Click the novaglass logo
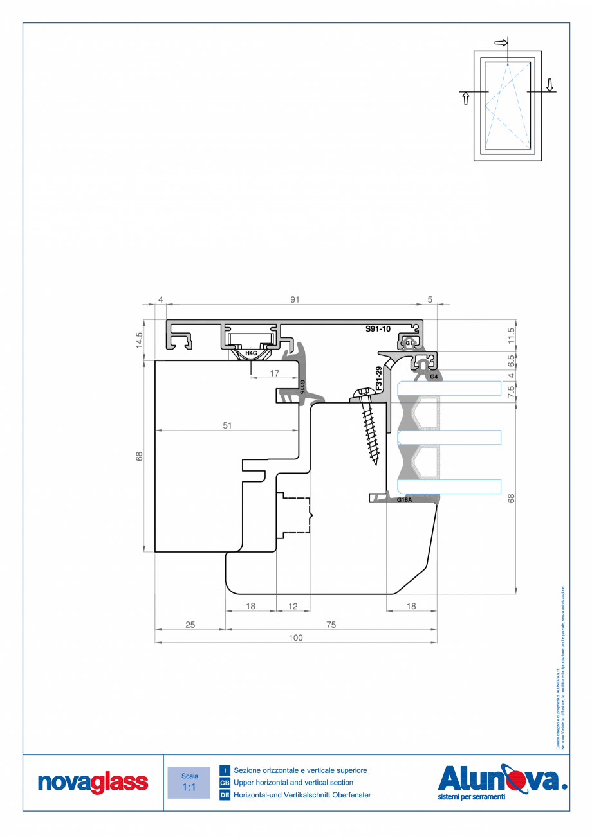pos(93,783)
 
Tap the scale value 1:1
pos(189,787)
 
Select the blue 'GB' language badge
pos(225,783)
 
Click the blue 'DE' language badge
pos(225,796)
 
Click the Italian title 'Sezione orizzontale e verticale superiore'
pos(300,770)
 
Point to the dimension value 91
pos(295,299)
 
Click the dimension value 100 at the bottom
pos(295,638)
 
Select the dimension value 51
pos(227,425)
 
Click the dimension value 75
pos(330,625)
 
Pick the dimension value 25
pos(190,625)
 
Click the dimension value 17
pos(274,373)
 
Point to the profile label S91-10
pos(378,329)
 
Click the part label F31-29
pos(379,379)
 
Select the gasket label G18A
pos(404,499)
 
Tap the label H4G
pos(251,353)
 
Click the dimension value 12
pos(293,606)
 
